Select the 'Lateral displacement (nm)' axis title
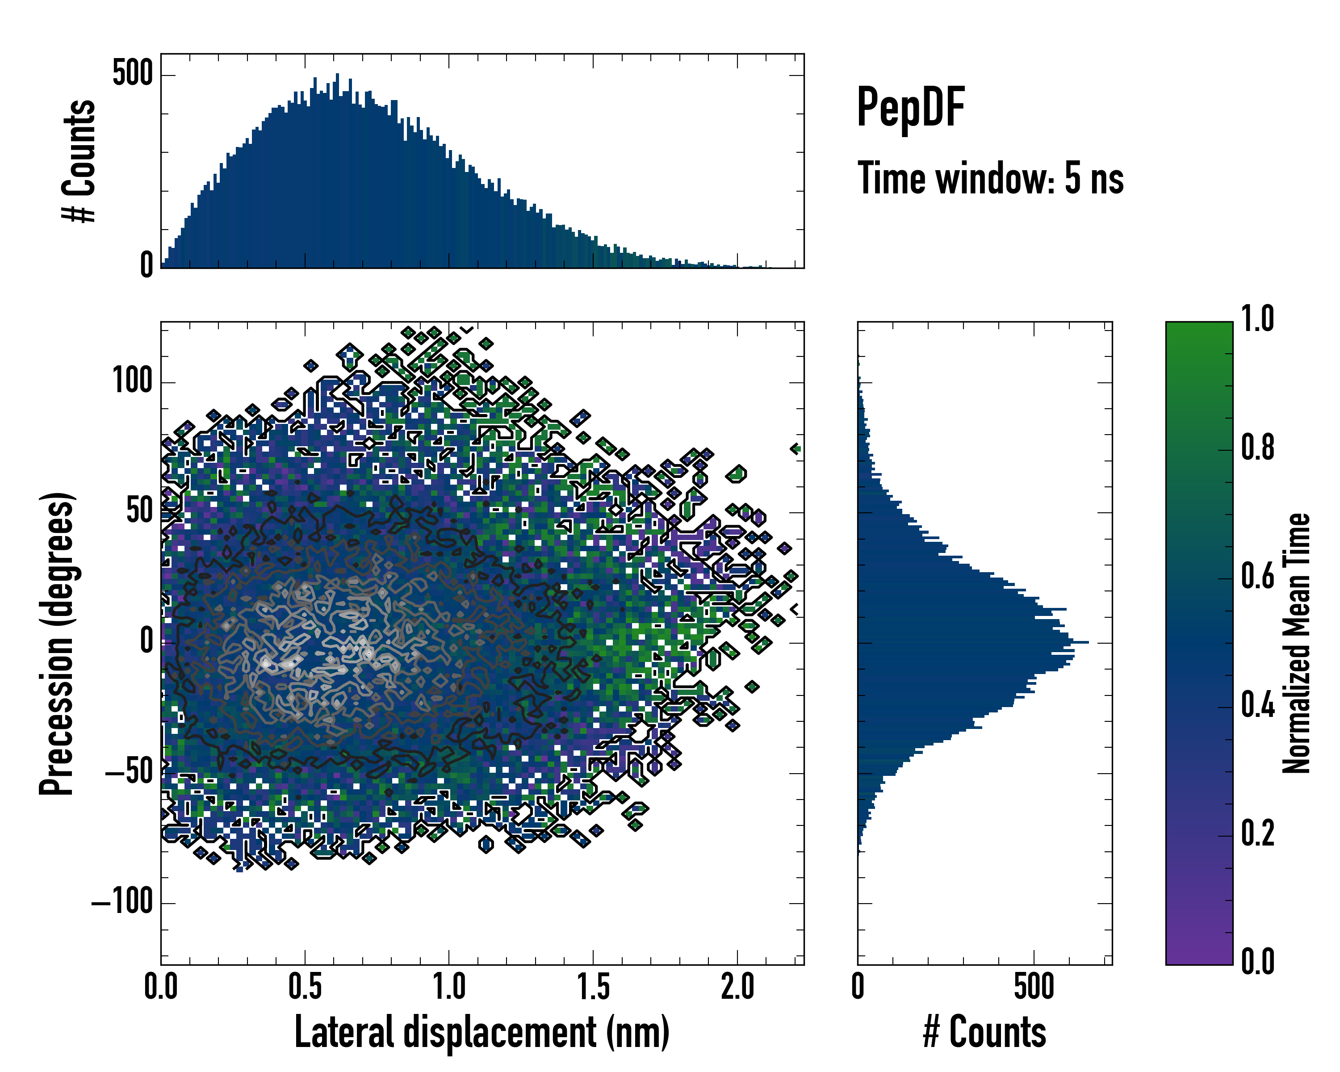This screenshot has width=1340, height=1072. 482,1032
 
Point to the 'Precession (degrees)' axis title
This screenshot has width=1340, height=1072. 57,643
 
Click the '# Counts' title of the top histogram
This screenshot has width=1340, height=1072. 80,161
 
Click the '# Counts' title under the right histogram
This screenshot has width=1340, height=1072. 984,1032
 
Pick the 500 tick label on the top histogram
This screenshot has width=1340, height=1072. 132,74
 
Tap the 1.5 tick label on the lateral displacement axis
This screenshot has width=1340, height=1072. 593,987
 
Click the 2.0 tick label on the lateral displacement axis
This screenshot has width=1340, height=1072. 737,987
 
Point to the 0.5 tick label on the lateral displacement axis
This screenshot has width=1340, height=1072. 305,987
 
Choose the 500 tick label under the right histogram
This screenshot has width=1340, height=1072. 1034,987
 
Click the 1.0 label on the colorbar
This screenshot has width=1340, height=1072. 1257,319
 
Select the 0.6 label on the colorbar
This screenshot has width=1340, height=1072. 1257,577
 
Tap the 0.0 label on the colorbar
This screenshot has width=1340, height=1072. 1257,962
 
